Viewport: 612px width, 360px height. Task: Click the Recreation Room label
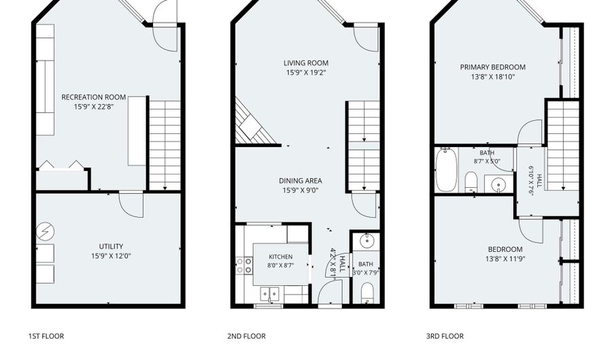point(94,97)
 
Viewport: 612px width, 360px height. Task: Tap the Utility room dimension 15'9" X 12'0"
point(112,256)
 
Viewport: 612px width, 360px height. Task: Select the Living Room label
point(306,63)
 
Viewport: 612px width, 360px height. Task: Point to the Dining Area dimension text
point(301,191)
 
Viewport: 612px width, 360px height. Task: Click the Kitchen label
point(281,257)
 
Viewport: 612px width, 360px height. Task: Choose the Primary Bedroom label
point(492,67)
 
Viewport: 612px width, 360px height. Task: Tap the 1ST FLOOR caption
point(46,336)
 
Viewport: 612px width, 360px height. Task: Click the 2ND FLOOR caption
point(246,336)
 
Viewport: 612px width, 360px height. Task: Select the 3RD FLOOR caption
point(445,336)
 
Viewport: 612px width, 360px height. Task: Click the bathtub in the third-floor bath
point(447,170)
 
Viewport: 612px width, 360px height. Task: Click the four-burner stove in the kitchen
point(244,265)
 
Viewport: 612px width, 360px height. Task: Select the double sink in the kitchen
point(270,293)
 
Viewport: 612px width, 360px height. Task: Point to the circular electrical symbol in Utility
point(45,232)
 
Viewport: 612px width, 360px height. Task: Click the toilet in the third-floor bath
point(471,182)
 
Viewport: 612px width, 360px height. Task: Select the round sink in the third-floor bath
point(497,184)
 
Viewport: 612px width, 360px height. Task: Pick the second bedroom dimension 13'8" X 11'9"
point(505,259)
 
